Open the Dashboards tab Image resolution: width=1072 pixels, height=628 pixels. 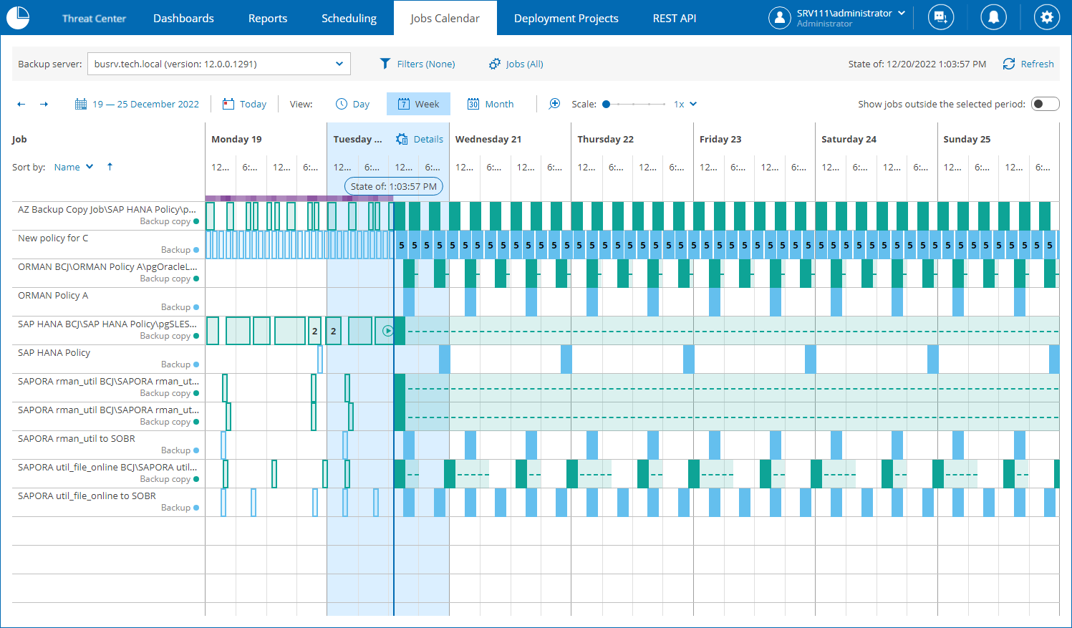(x=183, y=19)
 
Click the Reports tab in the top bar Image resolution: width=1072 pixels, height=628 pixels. (x=268, y=19)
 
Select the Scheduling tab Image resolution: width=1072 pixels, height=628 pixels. (x=349, y=19)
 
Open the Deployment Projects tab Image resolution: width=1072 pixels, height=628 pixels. (x=566, y=19)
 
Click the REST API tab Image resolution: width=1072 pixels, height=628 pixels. (x=674, y=19)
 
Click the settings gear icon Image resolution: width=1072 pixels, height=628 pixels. (x=1046, y=18)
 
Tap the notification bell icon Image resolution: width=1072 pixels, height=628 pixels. (x=993, y=18)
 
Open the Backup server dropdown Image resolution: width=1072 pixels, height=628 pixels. (x=219, y=64)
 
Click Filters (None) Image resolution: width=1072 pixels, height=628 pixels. (x=417, y=64)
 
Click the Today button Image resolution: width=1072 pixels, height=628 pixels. (x=244, y=105)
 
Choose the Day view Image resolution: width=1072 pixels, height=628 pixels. (x=353, y=105)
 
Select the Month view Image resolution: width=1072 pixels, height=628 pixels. (x=491, y=105)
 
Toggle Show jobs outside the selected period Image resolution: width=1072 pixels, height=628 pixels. (x=1045, y=105)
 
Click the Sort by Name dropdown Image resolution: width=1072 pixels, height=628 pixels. (x=74, y=167)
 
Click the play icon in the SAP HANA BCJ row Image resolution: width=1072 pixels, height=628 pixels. (x=387, y=331)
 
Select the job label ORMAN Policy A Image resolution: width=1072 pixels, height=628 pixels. (x=53, y=296)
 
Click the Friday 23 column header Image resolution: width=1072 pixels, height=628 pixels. (x=720, y=140)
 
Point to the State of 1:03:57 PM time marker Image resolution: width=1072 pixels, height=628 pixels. (x=393, y=187)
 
